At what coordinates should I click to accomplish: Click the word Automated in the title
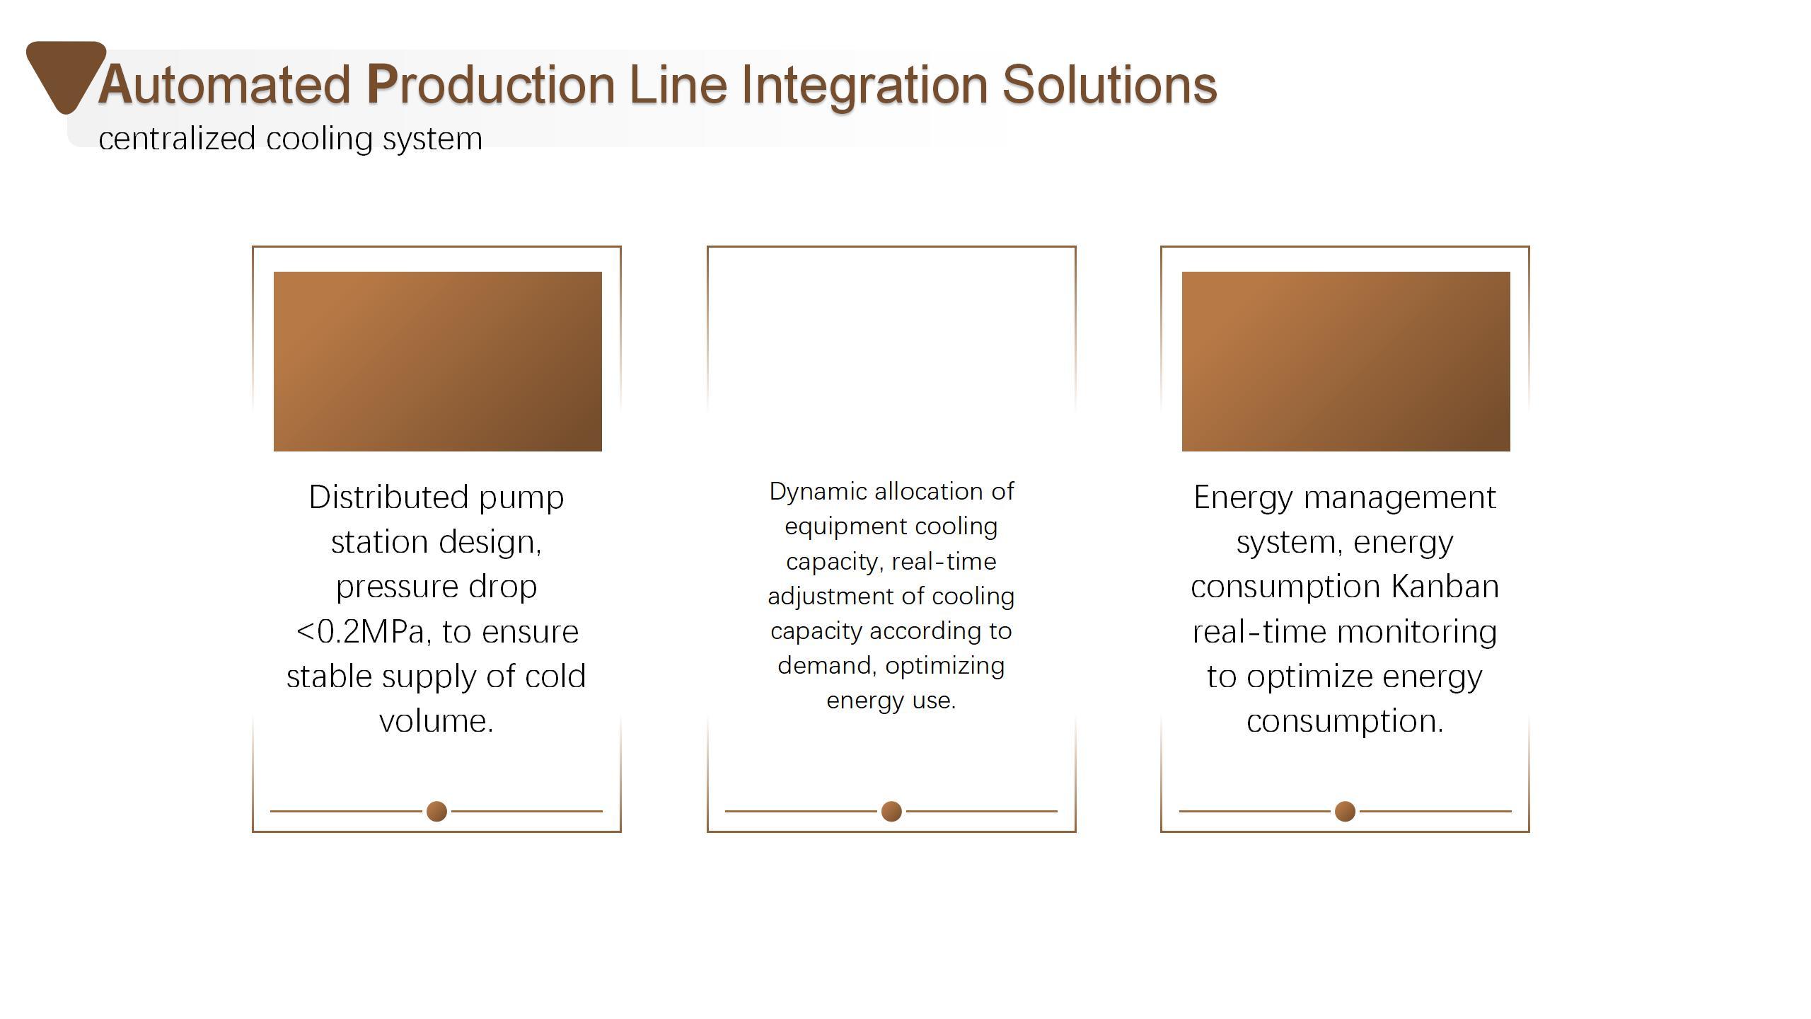pos(224,85)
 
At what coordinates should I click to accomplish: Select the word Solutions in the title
pos(1109,85)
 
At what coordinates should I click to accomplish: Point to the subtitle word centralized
pos(177,138)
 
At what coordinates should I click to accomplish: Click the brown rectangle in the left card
pos(438,362)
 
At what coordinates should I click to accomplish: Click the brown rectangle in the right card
pos(1346,362)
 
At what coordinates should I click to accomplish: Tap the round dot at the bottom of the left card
pos(437,811)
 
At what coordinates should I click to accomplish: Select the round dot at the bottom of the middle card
pos(891,811)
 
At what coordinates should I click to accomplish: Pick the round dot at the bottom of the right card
pos(1345,811)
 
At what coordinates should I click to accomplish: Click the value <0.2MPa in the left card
pos(362,632)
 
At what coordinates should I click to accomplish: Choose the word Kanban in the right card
pos(1445,587)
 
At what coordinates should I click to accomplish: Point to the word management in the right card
pos(1400,498)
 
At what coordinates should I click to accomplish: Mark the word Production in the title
pos(491,85)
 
